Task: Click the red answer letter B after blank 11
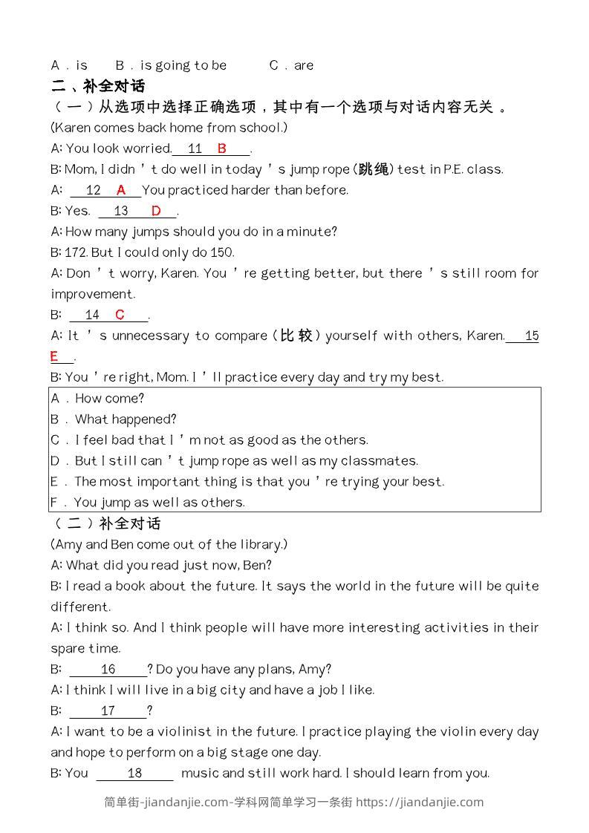point(221,148)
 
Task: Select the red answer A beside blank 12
point(121,190)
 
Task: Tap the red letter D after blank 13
point(156,211)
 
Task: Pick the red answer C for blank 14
point(120,315)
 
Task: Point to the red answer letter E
point(54,357)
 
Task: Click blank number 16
point(108,669)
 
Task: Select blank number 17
point(108,710)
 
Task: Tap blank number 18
point(134,773)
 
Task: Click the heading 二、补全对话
point(98,85)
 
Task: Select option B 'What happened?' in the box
point(114,419)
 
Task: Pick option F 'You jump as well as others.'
point(148,503)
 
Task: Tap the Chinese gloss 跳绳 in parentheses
point(373,169)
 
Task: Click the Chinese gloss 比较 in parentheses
point(296,336)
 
